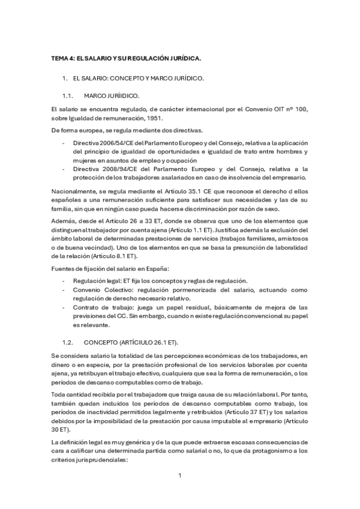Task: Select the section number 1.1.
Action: click(69, 95)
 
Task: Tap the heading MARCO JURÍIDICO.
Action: click(112, 95)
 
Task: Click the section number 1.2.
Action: click(69, 342)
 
